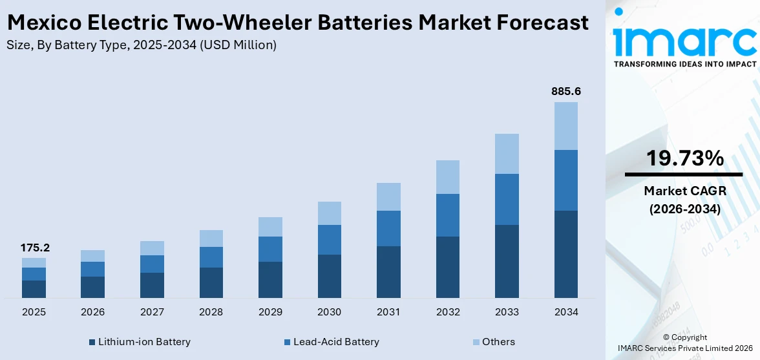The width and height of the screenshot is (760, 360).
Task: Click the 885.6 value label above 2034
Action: coord(565,92)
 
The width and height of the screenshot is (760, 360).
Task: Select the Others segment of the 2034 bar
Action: coord(565,126)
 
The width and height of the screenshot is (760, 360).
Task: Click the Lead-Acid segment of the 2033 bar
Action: coord(507,199)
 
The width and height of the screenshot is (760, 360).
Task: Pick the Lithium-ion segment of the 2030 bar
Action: coord(329,276)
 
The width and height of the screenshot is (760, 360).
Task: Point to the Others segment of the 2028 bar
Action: coord(211,238)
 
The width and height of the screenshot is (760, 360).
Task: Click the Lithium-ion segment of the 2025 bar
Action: coord(34,289)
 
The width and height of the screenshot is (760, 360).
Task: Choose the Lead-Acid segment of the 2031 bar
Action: coord(388,228)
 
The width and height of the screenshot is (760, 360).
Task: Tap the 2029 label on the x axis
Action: coord(270,312)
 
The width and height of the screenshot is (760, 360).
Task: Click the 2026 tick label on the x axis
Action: coord(93,312)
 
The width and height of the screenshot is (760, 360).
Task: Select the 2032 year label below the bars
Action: coord(447,312)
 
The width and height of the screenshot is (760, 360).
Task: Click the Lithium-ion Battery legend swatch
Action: coord(92,342)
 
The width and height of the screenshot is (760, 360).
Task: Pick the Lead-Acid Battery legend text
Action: coord(336,342)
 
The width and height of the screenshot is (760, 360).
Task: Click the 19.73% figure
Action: coord(683,158)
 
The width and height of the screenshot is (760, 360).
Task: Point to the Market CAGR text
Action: coord(683,191)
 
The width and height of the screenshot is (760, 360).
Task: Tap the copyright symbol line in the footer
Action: coord(684,337)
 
